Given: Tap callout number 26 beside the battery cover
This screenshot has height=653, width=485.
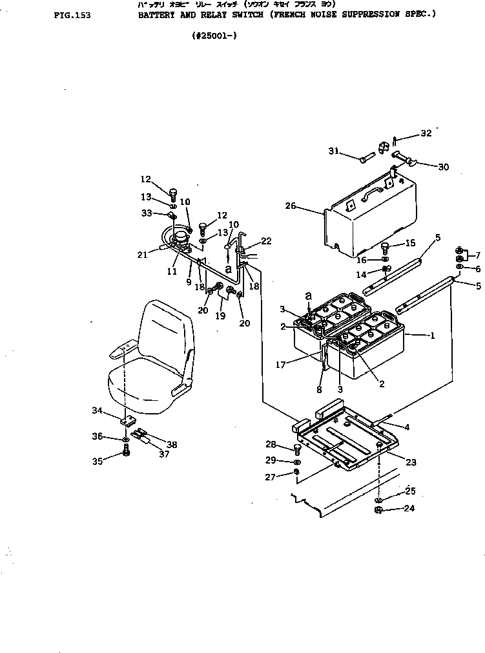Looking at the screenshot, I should pyautogui.click(x=291, y=206).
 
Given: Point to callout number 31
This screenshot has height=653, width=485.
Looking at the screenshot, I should pyautogui.click(x=333, y=151).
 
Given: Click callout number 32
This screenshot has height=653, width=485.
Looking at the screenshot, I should pyautogui.click(x=426, y=134).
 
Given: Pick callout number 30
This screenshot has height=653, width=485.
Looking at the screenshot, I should pyautogui.click(x=443, y=167).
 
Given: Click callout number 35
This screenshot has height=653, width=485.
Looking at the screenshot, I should pyautogui.click(x=97, y=462).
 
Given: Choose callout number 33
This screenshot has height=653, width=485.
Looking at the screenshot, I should pyautogui.click(x=146, y=213).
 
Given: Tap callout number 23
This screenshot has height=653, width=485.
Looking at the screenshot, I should pyautogui.click(x=411, y=462).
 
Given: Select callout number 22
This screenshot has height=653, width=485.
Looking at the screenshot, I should pyautogui.click(x=267, y=241).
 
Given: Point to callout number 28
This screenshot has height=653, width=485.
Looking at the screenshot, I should pyautogui.click(x=271, y=445).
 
